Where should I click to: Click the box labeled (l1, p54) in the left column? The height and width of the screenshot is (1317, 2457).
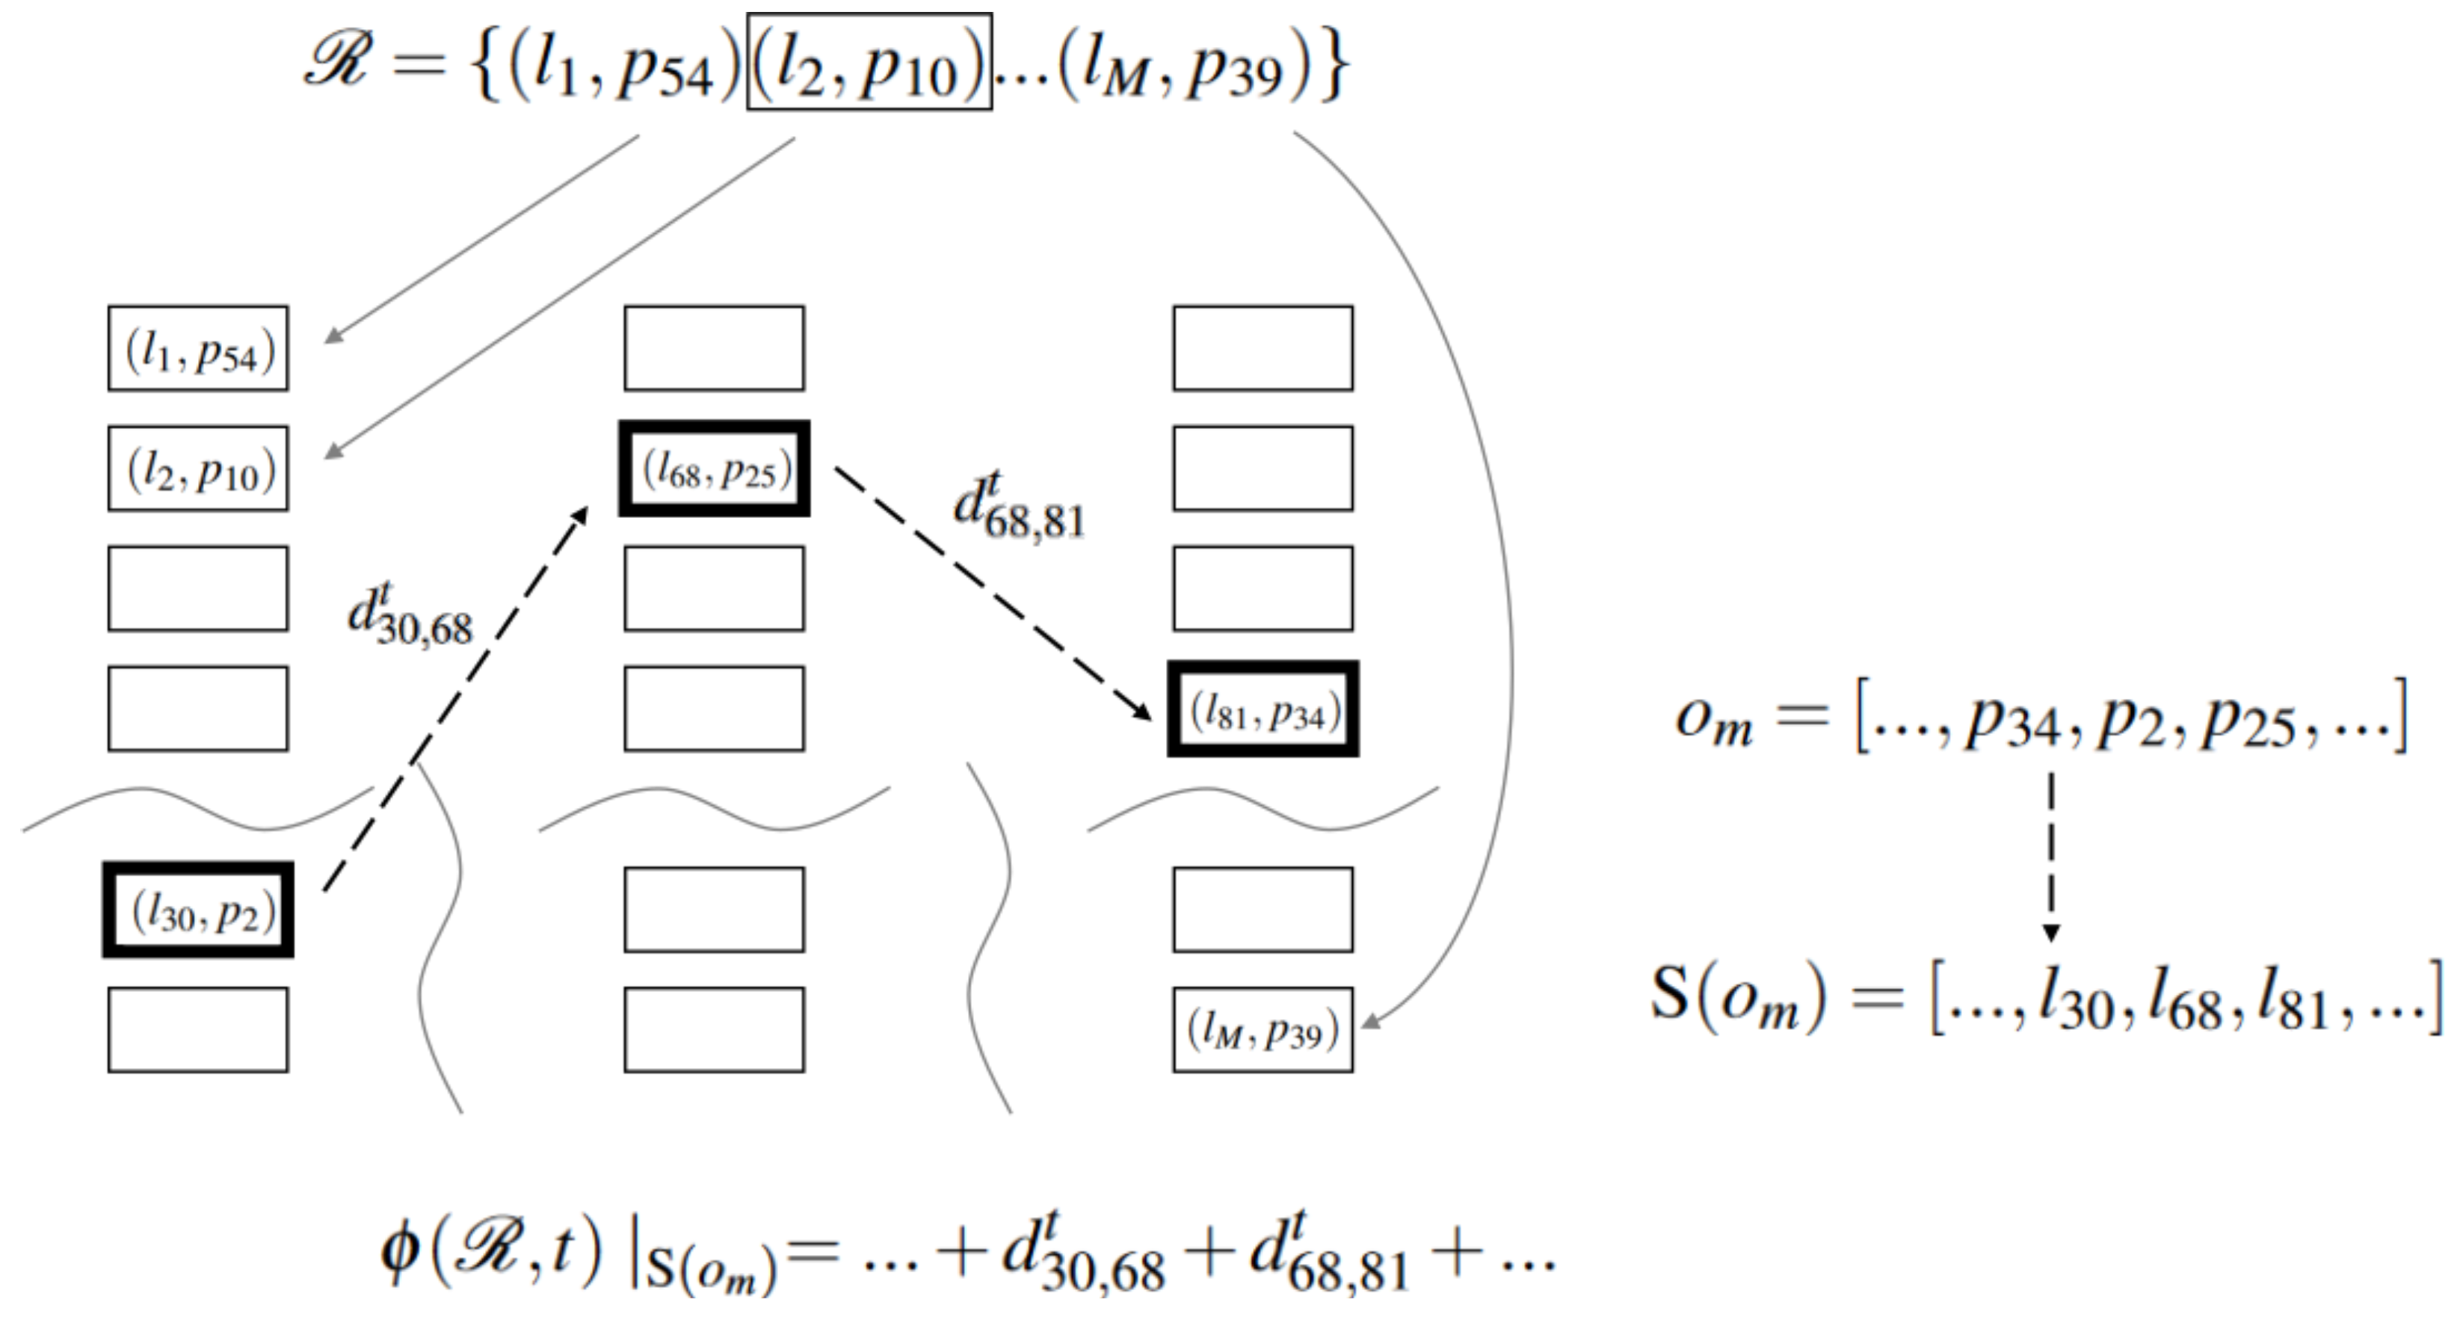197,348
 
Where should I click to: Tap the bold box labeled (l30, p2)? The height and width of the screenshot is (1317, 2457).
197,910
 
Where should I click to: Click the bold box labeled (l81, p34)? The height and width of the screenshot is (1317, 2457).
1263,709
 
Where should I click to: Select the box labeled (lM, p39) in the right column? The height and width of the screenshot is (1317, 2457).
1263,1030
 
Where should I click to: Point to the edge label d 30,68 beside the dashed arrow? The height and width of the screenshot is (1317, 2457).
410,615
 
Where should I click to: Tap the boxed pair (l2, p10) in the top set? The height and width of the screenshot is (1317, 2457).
869,62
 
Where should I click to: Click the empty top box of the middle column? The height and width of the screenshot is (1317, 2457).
715,348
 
